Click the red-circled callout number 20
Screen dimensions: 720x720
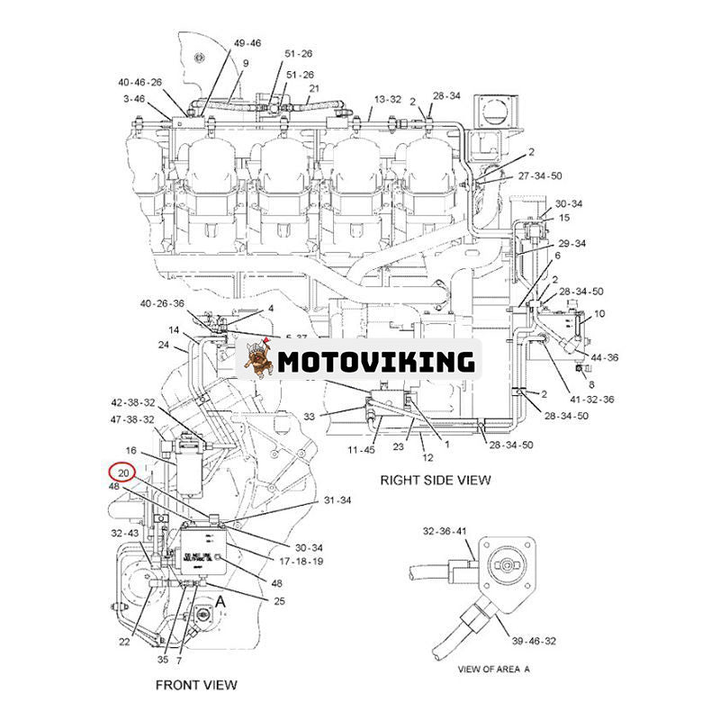point(124,472)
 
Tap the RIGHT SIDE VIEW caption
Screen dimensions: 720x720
point(435,480)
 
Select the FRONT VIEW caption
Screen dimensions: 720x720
point(196,685)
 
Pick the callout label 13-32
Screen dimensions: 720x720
point(388,99)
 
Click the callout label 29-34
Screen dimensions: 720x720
point(571,243)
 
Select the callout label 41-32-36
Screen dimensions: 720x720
point(591,399)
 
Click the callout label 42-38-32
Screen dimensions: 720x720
point(133,402)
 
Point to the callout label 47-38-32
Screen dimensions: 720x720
point(133,419)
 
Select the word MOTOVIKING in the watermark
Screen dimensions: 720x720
point(375,362)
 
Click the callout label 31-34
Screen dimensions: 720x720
point(337,500)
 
